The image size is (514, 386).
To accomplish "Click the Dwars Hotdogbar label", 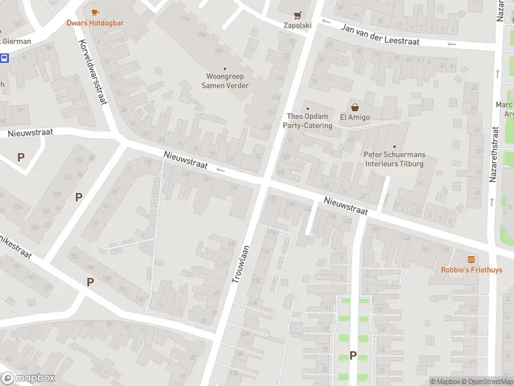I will (95, 23).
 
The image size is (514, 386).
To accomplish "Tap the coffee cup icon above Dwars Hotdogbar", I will (95, 12).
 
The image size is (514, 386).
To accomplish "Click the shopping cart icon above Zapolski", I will (297, 15).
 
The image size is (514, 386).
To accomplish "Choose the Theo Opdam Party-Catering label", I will (307, 121).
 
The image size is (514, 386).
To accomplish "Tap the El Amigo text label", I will (353, 117).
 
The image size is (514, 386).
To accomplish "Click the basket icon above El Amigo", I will (353, 107).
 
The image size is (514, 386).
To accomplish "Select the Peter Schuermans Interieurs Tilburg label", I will (394, 160).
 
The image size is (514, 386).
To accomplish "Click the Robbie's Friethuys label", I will (472, 270).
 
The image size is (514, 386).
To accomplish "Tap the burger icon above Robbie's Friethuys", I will (472, 259).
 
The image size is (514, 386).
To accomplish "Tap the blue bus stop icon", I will (4, 59).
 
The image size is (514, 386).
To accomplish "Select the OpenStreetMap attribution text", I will (487, 381).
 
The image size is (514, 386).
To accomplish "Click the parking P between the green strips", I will (353, 355).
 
